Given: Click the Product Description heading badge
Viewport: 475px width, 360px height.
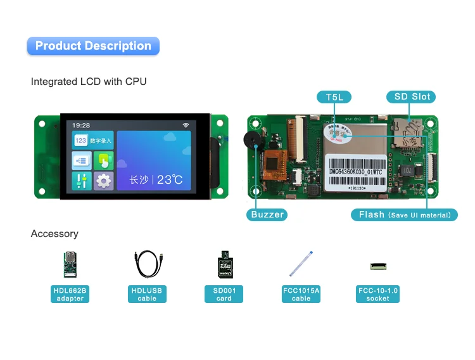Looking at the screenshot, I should (93, 46).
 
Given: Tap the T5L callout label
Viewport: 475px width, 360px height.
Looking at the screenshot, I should (334, 97).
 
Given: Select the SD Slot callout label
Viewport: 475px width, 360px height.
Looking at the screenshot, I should (412, 97).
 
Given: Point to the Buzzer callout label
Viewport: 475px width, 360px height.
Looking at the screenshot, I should (267, 214).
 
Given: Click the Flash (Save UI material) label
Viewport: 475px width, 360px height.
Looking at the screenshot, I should (404, 215).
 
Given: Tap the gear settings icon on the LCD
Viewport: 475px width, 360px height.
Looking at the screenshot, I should (104, 181).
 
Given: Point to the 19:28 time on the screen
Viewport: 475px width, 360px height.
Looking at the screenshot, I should (81, 125).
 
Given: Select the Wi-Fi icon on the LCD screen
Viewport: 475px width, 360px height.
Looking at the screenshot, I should (186, 125).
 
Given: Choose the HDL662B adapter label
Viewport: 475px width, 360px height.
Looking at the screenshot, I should (70, 294).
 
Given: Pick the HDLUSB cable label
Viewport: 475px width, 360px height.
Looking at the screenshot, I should (147, 294).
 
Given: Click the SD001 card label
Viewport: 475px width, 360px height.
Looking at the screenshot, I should (224, 294).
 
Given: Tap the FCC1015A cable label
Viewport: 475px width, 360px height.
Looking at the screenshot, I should (301, 294).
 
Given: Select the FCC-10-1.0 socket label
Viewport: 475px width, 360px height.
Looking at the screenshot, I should (378, 294).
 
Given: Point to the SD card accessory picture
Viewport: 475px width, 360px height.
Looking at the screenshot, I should (224, 263).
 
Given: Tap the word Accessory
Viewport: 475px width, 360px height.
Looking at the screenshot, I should (54, 234).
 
